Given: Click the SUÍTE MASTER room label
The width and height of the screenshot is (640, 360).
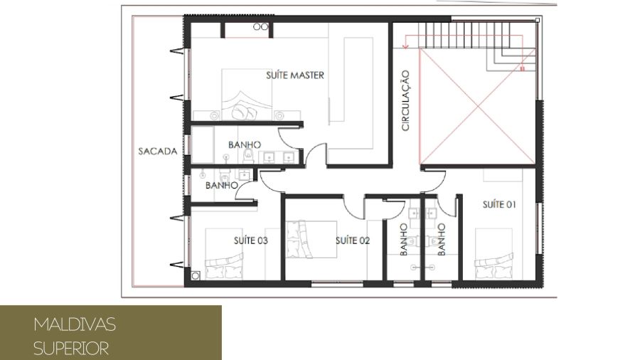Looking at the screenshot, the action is pos(295,75).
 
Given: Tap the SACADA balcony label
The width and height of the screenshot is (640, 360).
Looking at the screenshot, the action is pos(158,152).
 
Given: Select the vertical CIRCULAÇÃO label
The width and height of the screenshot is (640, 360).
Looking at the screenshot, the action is pos(405,100).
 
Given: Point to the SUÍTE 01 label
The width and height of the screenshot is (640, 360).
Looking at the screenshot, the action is pos(499,204).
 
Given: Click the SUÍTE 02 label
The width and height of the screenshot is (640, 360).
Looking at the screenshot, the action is pos(353,240).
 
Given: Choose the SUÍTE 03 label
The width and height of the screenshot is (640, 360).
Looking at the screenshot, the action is pos(250,240).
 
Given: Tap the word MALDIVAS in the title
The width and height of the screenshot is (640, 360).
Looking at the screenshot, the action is pos(75,324).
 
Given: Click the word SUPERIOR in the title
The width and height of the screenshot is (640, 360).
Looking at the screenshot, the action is pos(71,349).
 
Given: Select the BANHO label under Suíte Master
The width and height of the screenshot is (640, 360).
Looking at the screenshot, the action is pos(245,145).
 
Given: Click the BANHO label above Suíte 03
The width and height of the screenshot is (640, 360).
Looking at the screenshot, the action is pos(222,185).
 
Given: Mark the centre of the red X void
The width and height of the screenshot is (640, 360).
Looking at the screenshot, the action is pos(478,107).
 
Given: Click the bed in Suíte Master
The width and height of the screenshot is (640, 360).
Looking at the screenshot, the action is pos(247,95).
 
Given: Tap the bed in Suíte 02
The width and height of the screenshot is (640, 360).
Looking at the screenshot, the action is pos(311,239).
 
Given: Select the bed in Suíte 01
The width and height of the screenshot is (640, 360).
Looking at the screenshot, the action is pos(494,254).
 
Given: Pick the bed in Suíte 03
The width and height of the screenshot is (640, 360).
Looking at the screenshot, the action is pos(224,254).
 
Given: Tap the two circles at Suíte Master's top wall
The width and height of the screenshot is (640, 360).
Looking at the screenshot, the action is pos(260,27).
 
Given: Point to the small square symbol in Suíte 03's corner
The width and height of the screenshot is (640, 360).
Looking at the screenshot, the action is pos(196,276).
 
